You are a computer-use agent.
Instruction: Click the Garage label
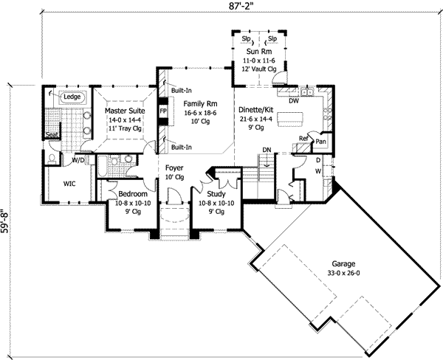(343, 263)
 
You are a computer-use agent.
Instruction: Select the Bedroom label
(134, 194)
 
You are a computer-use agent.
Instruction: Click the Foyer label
(174, 167)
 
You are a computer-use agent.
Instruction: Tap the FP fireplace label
(163, 113)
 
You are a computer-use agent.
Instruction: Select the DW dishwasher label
(294, 101)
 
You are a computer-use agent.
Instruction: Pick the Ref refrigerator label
(303, 136)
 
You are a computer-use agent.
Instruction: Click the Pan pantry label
(321, 140)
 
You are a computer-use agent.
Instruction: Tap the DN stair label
(268, 151)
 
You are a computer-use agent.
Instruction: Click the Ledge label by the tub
(72, 97)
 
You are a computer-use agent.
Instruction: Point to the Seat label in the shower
(52, 136)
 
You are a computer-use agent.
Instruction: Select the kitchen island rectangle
(292, 118)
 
